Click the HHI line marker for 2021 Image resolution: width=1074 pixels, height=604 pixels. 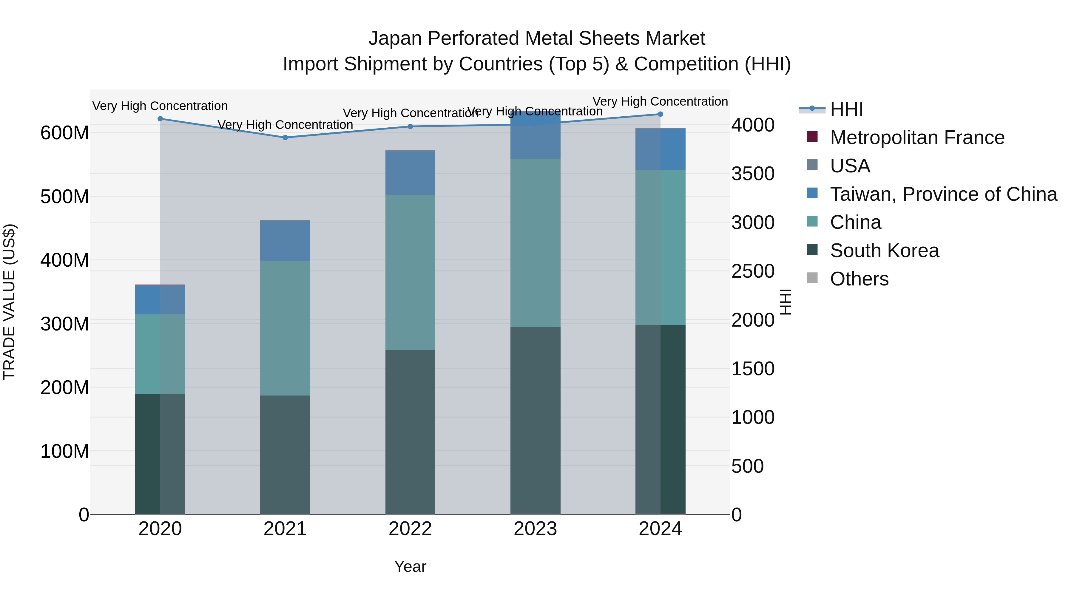tap(285, 138)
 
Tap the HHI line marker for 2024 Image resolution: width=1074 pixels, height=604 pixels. tap(661, 114)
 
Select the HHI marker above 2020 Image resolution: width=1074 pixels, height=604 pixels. tap(160, 119)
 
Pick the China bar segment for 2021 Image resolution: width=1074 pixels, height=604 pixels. tap(285, 328)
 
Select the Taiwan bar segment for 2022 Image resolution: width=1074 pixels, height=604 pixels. tap(410, 173)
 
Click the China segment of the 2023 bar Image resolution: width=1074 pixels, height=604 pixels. tap(535, 243)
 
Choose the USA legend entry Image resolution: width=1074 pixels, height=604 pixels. tap(850, 166)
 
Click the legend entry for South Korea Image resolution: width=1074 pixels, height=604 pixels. tap(884, 251)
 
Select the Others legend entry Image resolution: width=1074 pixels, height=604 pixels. tap(859, 279)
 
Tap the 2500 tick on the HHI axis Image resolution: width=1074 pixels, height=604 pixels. tap(753, 271)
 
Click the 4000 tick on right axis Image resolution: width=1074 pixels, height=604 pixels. tap(753, 125)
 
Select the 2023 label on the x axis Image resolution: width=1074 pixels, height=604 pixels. tap(535, 529)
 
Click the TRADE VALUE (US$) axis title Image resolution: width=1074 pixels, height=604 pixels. tap(9, 302)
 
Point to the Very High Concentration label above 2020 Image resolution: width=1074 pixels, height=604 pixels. tap(160, 106)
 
